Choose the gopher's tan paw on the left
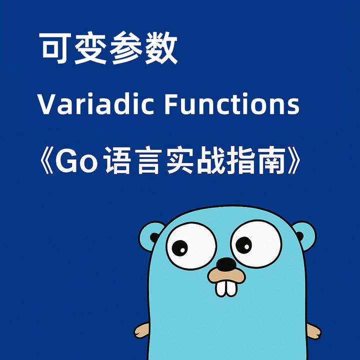pyautogui.click(x=141, y=330)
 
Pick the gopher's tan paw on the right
pyautogui.click(x=313, y=330)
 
